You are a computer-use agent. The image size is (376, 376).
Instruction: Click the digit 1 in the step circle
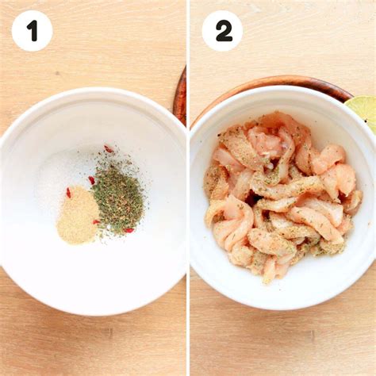[33, 31]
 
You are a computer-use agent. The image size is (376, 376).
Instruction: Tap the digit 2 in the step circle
[224, 31]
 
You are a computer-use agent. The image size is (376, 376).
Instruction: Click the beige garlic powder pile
[77, 215]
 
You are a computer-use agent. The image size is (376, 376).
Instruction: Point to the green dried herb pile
[119, 197]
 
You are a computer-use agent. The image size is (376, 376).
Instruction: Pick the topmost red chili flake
[109, 149]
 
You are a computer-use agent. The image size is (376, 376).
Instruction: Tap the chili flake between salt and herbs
[91, 180]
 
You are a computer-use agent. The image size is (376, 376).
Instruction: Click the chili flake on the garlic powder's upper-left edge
[68, 193]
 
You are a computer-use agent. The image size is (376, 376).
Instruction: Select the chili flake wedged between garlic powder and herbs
[96, 222]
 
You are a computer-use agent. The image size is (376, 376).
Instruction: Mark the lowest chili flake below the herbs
[129, 231]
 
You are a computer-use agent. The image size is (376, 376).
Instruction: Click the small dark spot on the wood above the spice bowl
[56, 73]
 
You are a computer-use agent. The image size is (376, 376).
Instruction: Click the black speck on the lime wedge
[366, 121]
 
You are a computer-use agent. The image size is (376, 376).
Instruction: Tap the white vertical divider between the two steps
[188, 188]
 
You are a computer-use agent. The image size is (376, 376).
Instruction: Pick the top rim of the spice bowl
[93, 90]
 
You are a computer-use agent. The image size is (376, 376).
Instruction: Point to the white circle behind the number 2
[222, 31]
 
